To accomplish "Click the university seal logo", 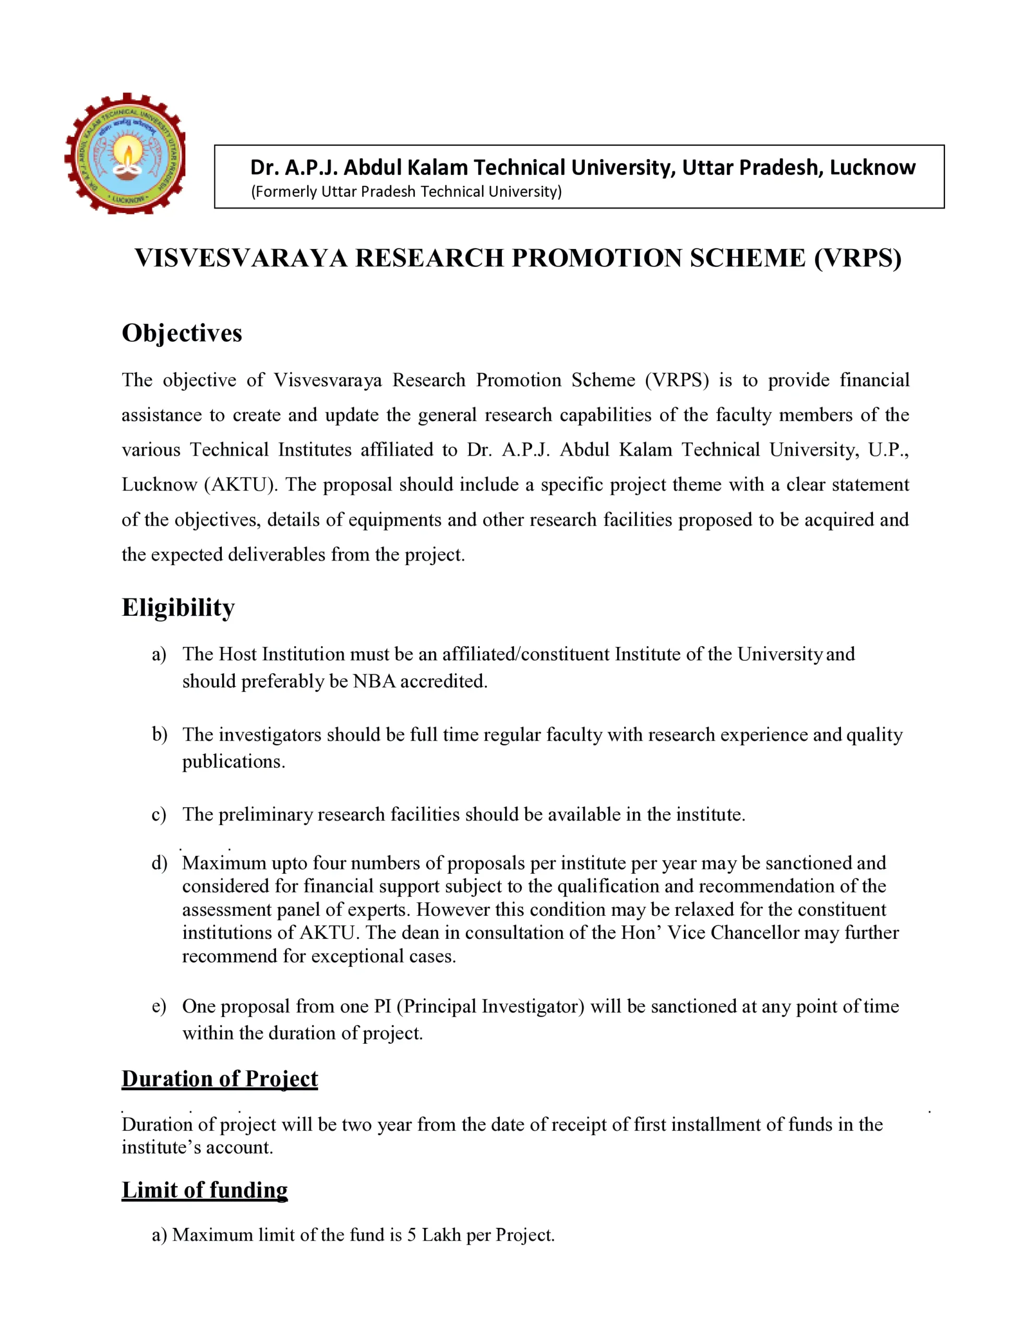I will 125,153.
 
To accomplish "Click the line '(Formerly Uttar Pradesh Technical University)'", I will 406,192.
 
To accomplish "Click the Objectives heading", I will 182,333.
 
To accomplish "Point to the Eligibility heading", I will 178,607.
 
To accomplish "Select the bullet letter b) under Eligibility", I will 160,734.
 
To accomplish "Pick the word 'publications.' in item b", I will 234,761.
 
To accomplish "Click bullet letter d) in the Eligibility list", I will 160,863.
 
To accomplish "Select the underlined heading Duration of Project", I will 220,1079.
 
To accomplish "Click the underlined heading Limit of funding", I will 205,1190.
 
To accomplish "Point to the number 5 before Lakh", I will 412,1235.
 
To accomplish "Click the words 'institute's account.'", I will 197,1147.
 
